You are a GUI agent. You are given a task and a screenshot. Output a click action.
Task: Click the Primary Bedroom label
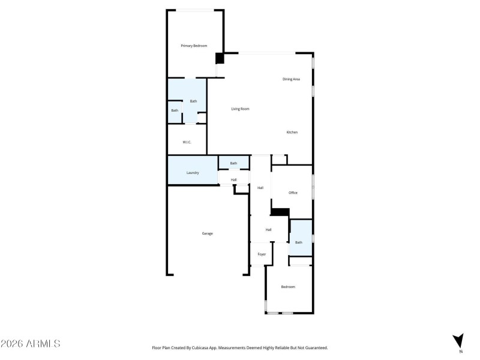(x=194, y=46)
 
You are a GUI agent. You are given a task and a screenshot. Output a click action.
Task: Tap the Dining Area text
(x=292, y=79)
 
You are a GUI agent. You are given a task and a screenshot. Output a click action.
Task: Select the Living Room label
(x=240, y=109)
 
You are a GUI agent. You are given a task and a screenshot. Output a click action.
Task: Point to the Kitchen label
(x=292, y=132)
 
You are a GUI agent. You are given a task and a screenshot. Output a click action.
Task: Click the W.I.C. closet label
(x=187, y=142)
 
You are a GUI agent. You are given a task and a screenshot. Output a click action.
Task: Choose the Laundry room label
(x=193, y=173)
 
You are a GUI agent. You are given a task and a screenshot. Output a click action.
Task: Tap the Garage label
(x=207, y=233)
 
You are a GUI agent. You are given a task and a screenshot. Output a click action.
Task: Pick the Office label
(x=293, y=193)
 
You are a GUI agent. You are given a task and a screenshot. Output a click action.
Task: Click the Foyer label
(x=262, y=254)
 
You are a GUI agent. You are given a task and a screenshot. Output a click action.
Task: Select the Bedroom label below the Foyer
(x=288, y=287)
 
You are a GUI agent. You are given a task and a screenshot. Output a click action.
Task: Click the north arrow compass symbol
(x=459, y=340)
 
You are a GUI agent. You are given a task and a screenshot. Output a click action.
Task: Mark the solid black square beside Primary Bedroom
(x=220, y=58)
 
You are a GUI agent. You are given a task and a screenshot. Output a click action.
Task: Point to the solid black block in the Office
(x=280, y=212)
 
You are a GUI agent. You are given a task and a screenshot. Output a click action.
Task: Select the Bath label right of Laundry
(x=233, y=163)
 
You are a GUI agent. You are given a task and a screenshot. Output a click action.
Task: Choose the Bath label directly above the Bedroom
(x=298, y=242)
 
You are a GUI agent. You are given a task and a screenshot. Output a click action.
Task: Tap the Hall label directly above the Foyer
(x=269, y=230)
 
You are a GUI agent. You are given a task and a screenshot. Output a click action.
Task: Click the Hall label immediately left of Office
(x=260, y=188)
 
